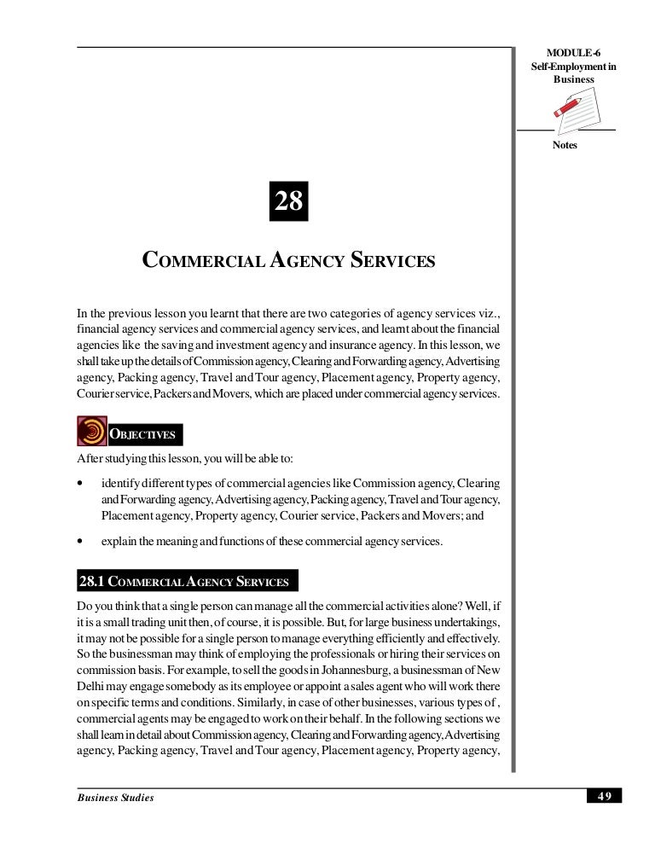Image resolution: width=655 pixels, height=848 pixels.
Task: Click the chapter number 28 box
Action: (287, 202)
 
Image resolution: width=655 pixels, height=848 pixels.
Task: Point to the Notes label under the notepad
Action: (565, 145)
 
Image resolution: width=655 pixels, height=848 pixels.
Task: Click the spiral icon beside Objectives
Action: (91, 432)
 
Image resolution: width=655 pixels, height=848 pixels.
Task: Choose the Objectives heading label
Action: (143, 434)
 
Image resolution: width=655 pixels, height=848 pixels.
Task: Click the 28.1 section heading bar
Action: (187, 582)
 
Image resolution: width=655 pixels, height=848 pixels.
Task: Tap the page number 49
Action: (605, 796)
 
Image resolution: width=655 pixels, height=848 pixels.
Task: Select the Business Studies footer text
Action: (115, 797)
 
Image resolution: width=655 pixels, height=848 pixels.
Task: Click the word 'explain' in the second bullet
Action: (119, 540)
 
